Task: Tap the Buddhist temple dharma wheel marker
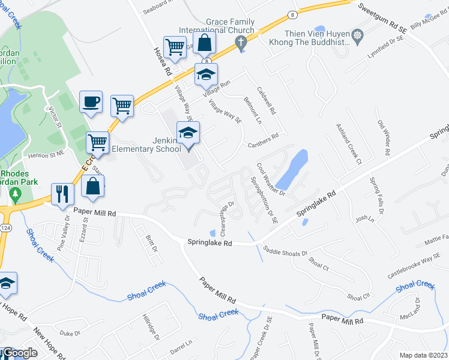[x=358, y=37]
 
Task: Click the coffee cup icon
[x=91, y=102]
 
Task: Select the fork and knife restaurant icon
[x=62, y=193]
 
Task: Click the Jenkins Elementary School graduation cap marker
[x=188, y=133]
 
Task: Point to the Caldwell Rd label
[x=266, y=101]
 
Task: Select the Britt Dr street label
[x=150, y=244]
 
